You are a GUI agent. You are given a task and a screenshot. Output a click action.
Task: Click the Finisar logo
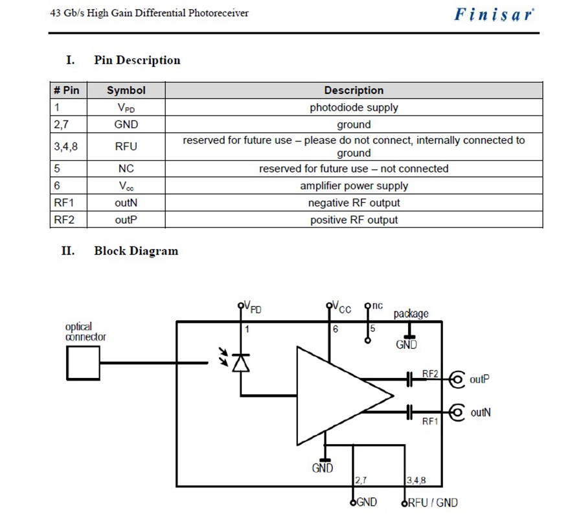click(494, 14)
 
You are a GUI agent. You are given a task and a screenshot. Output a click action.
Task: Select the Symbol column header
click(126, 91)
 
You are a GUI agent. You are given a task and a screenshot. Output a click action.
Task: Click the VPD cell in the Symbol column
click(126, 108)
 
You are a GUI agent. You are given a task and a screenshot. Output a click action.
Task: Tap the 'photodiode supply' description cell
click(354, 108)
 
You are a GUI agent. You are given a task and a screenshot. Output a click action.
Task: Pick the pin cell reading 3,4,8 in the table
click(65, 147)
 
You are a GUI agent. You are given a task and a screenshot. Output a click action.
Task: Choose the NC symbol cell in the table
click(126, 169)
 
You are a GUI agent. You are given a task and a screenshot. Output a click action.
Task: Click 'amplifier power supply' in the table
click(354, 186)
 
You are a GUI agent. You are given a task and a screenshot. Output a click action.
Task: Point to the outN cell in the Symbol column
click(126, 203)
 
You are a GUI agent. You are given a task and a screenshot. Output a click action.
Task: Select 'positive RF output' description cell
click(354, 220)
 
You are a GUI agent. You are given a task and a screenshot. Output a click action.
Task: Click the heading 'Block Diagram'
click(135, 251)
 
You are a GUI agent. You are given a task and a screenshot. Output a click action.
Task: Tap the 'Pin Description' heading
click(137, 60)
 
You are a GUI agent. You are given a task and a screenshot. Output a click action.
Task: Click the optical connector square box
click(84, 363)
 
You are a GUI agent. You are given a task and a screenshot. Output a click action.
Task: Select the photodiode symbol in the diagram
click(241, 363)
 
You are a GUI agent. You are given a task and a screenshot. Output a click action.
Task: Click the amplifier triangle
click(337, 395)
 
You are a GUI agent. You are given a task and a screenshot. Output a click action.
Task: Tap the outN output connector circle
click(457, 412)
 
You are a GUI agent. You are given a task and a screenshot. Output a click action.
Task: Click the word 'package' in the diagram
click(411, 314)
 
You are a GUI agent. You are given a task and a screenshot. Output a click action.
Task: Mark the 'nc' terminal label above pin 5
click(377, 305)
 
